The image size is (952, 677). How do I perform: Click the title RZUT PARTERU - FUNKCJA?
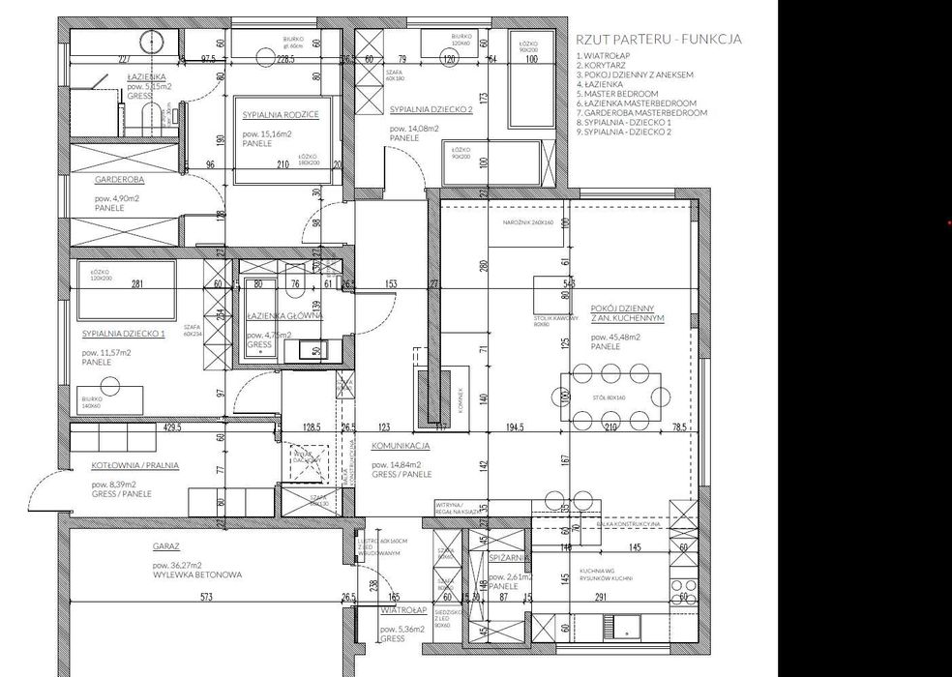pos(658,40)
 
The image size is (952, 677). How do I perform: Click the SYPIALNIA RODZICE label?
pos(280,114)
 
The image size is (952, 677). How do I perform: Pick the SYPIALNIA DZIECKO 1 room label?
pos(124,334)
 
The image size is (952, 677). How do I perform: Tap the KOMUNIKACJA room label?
pos(402,447)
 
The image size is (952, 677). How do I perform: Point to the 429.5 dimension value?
pos(173,427)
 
